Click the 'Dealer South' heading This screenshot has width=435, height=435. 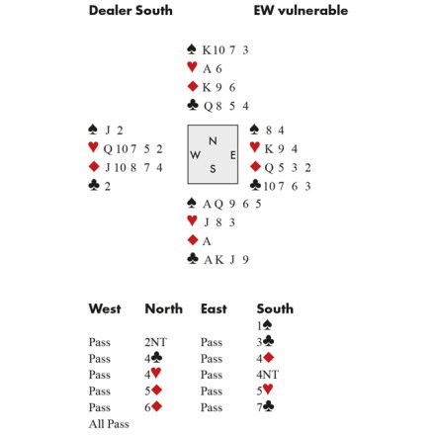(130, 11)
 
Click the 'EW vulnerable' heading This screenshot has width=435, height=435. (301, 11)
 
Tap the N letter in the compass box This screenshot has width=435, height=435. (213, 141)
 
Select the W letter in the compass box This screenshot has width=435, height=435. (195, 154)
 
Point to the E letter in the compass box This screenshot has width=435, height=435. (233, 155)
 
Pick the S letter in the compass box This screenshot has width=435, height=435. (213, 169)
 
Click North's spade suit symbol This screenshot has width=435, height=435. (192, 49)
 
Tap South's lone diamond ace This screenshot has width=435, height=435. (207, 241)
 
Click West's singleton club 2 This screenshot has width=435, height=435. (108, 187)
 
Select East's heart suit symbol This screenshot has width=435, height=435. (255, 146)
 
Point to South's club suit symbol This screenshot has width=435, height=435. (193, 259)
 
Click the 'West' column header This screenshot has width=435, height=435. (105, 308)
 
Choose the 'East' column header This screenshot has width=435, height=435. (214, 308)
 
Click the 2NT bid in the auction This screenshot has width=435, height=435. (155, 342)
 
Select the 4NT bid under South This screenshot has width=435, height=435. (268, 375)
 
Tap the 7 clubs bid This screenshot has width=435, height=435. (266, 407)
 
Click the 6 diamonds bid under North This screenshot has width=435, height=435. (153, 407)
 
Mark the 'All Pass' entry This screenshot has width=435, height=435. (109, 424)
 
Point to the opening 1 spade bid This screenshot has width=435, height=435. (265, 325)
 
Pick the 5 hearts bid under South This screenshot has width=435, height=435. (265, 391)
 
